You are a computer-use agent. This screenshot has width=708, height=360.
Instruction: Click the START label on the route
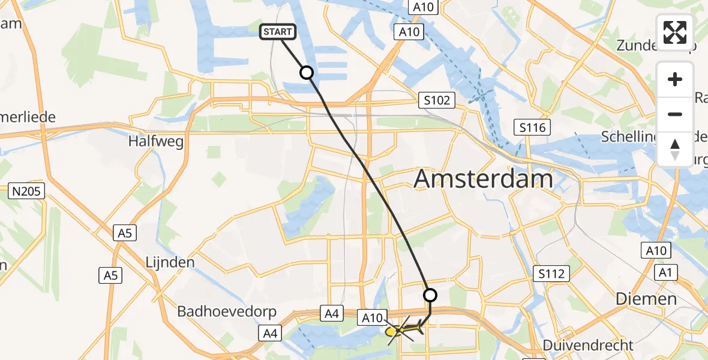coord(277,32)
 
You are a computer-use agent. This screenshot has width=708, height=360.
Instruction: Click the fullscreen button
coord(675,32)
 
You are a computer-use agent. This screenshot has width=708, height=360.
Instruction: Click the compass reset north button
coord(675,149)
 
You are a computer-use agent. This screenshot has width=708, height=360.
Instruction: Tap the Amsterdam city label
coord(483,179)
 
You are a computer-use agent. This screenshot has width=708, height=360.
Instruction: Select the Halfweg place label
coord(156,141)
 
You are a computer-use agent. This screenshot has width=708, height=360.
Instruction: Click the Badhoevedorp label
coord(227,311)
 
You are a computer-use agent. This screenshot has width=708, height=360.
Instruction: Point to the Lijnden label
coord(170,262)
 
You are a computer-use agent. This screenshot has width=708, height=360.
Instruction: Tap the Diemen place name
coord(646,298)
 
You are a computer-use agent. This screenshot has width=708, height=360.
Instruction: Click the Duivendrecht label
coord(588,345)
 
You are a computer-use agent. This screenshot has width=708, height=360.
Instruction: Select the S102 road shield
coord(436,100)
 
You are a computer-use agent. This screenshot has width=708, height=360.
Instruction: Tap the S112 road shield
coord(551,274)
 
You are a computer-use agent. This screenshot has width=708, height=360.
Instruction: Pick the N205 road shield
coord(25,192)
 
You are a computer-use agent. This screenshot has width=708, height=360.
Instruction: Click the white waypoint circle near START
coord(307,73)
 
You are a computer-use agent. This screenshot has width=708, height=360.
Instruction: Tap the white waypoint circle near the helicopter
coord(430,295)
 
